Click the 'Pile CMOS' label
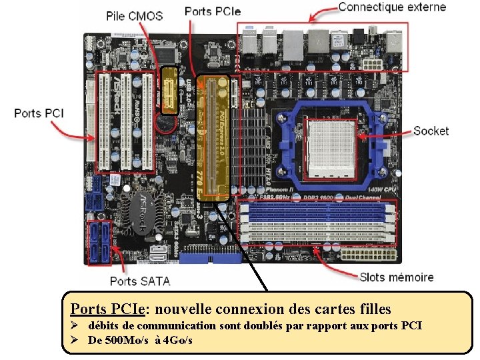[x=134, y=15]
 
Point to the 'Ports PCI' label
[x=39, y=113]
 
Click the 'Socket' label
[x=431, y=131]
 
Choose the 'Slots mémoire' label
[x=396, y=277]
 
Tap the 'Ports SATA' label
[x=140, y=281]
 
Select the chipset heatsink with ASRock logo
[x=147, y=210]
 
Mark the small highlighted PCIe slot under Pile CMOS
[x=170, y=90]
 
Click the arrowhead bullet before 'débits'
[x=75, y=325]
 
